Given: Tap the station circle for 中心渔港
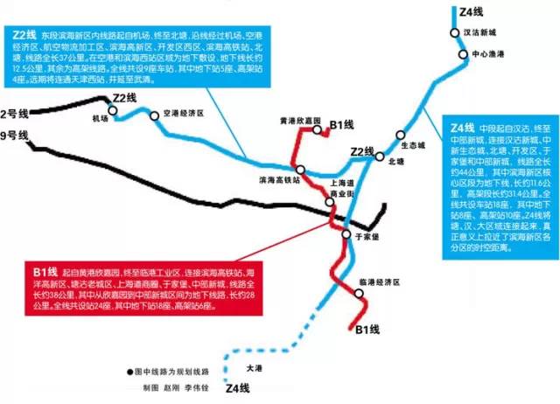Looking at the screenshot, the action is coord(465,54).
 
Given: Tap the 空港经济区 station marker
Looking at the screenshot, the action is coord(157,114).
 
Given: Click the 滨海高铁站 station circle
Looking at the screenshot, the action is coord(300,170).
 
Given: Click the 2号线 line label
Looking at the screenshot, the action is coord(15,114).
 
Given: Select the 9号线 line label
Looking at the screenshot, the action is coord(15,135).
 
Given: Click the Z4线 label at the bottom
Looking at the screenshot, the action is coord(237,388).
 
